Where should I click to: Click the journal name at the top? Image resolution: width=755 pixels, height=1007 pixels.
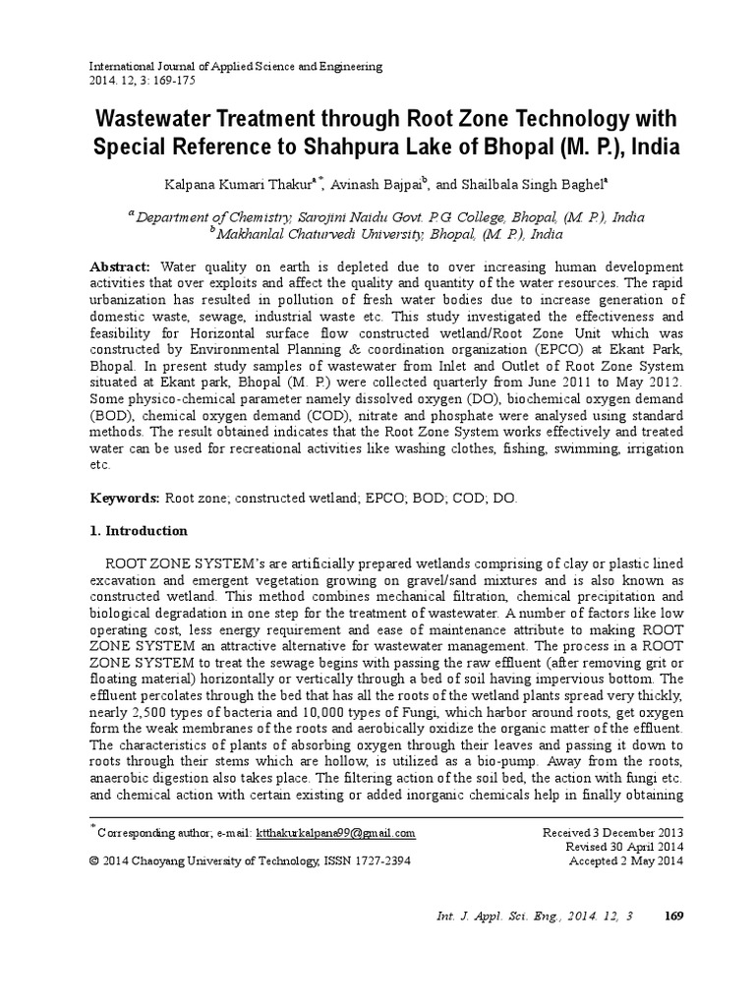coord(236,66)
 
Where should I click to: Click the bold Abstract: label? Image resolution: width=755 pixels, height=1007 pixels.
coord(120,267)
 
